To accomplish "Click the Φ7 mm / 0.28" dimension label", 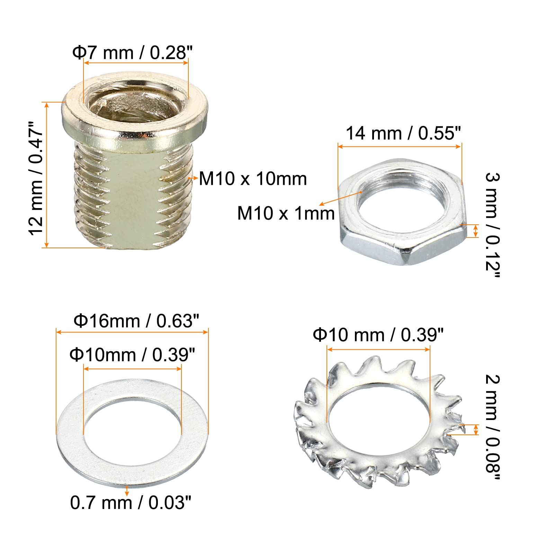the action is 132,53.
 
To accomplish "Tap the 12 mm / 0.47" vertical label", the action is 36,178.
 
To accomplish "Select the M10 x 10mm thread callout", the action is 253,179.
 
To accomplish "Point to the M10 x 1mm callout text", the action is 286,213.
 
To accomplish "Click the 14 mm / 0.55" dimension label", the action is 403,133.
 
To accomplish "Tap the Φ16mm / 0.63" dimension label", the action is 136,321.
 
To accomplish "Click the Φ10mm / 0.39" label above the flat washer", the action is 132,355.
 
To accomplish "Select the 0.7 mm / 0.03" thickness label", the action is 131,503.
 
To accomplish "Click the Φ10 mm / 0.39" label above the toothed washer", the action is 378,335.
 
